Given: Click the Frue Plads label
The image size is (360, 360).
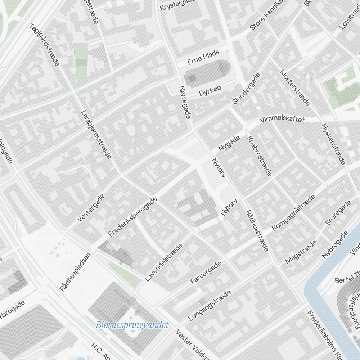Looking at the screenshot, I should [203, 58].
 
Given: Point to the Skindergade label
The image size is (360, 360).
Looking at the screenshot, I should [246, 89].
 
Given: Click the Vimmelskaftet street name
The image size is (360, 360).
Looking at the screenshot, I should [283, 119].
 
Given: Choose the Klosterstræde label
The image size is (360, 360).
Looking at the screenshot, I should [294, 88].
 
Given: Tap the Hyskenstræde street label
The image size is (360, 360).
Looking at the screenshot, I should [333, 144].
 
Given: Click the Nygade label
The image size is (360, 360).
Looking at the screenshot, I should [229, 143].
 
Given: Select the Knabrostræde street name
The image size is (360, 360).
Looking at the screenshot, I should [259, 156].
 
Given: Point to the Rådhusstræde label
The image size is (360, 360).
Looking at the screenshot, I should [257, 231].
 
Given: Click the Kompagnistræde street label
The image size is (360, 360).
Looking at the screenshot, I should [293, 212].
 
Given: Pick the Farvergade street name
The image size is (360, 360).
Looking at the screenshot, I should [206, 273].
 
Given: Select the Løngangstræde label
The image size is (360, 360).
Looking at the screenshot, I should [209, 306].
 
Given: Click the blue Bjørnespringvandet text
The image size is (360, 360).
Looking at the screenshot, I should [132, 325].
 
